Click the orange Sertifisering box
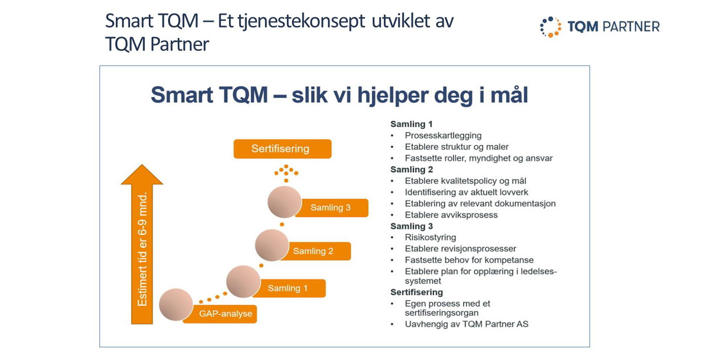[x=282, y=149]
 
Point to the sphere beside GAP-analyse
[x=176, y=304]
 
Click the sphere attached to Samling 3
[x=284, y=202]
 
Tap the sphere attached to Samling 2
[x=272, y=245]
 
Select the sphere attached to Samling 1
[x=243, y=282]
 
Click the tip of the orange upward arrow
[x=142, y=165]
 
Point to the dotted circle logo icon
[x=550, y=27]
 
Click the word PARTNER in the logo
[x=631, y=27]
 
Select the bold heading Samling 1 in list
[x=411, y=124]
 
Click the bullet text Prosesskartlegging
[x=443, y=136]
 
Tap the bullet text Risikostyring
[x=431, y=238]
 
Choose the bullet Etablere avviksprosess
[x=451, y=215]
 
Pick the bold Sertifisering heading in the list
[x=416, y=292]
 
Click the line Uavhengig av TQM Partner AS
[x=467, y=324]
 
